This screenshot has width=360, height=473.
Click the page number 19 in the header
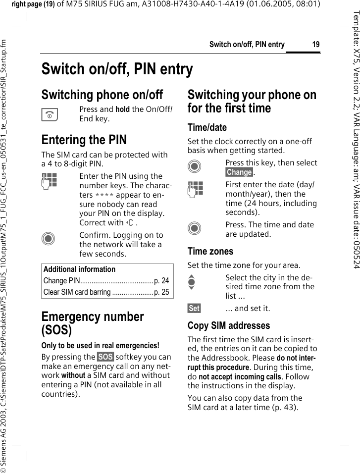[x=315, y=45]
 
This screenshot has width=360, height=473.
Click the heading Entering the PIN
[x=84, y=140]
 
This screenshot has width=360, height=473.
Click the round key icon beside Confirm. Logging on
[x=49, y=239]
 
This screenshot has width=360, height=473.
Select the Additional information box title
[x=79, y=269]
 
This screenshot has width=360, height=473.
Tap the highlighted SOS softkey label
[x=105, y=357]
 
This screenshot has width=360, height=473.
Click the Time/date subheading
[x=207, y=127]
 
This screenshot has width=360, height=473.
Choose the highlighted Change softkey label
[x=239, y=172]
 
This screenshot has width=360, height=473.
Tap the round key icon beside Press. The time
[x=195, y=228]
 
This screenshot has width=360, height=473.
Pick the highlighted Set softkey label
[x=194, y=309]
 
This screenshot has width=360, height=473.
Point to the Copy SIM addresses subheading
[x=229, y=325]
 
